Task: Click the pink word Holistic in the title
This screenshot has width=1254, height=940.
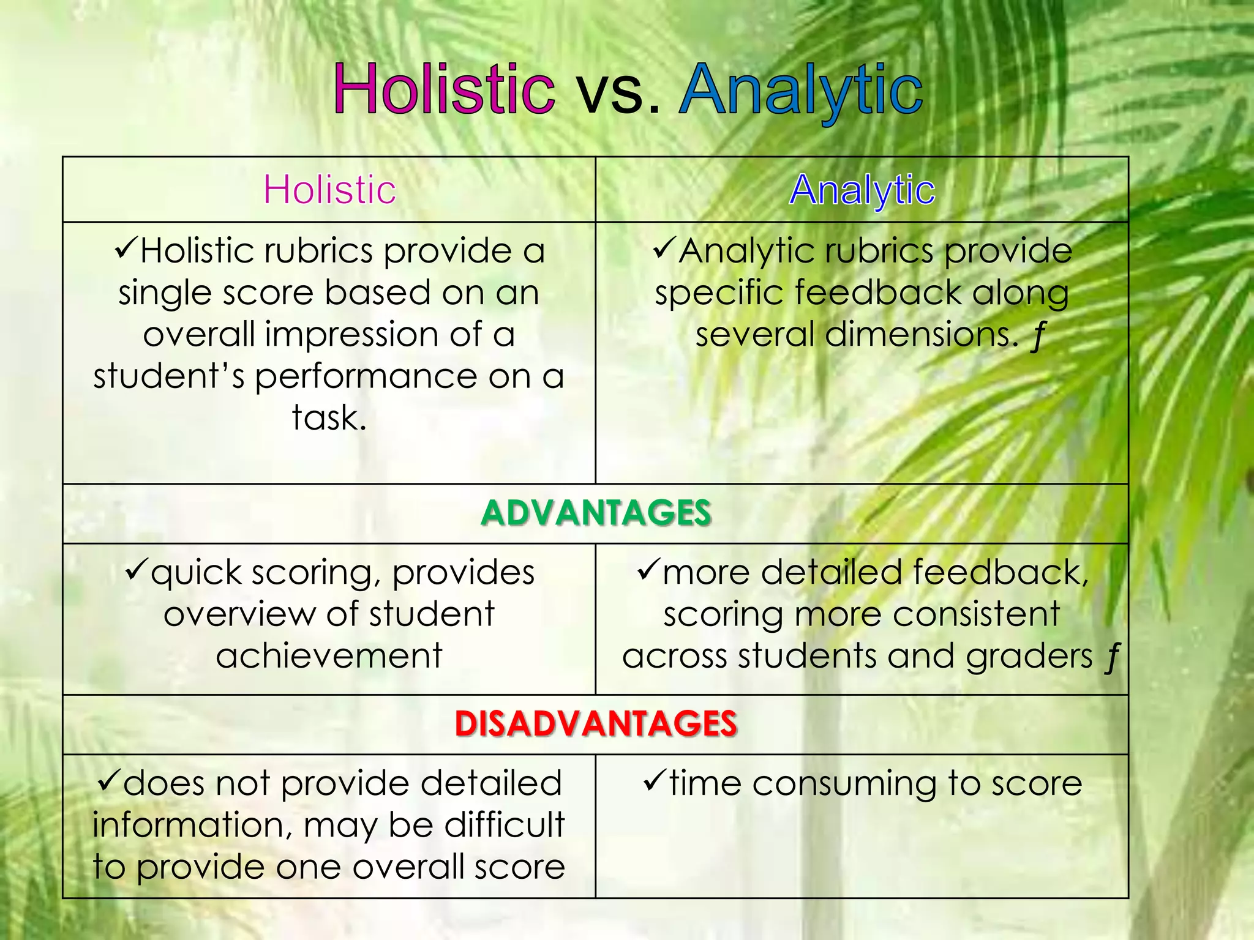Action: (444, 91)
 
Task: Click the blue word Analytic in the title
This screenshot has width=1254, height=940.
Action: (800, 91)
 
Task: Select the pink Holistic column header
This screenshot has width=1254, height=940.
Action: (329, 189)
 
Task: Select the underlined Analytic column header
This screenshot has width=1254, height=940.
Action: (862, 189)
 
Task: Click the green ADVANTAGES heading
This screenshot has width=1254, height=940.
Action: (596, 513)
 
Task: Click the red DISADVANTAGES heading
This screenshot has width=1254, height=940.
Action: (596, 723)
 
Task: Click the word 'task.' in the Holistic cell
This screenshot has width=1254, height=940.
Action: (329, 418)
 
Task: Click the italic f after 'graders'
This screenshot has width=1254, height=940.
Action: (1112, 657)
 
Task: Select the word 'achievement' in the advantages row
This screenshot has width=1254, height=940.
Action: (329, 655)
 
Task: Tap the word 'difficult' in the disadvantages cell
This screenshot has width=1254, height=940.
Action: (504, 824)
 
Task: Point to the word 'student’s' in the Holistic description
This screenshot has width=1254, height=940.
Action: (168, 376)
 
